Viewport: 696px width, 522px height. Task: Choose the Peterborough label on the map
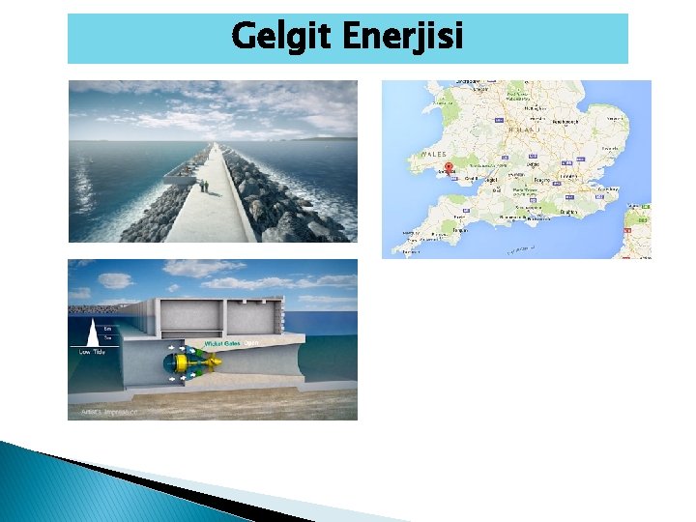click(x=559, y=123)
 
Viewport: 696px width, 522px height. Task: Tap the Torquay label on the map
click(x=459, y=231)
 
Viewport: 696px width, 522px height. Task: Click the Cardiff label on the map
click(x=474, y=179)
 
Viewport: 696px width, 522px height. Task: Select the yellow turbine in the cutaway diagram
click(x=184, y=362)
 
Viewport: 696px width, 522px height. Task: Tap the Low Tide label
click(x=92, y=352)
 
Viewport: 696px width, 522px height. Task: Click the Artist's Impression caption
click(x=101, y=411)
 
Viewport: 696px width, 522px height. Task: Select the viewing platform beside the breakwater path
click(x=181, y=175)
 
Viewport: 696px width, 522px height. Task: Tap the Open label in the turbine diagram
click(x=250, y=343)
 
